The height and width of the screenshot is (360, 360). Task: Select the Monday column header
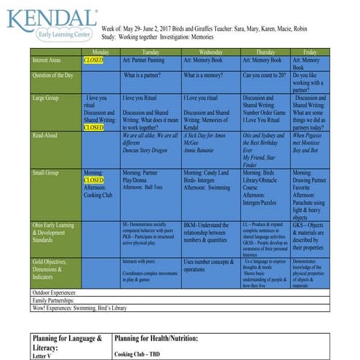(100, 52)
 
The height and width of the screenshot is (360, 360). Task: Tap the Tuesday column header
(151, 52)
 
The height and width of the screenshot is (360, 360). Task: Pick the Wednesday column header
(210, 52)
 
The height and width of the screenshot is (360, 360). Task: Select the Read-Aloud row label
(46, 135)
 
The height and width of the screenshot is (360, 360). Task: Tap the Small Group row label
(47, 173)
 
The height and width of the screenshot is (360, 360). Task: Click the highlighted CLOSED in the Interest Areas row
(94, 60)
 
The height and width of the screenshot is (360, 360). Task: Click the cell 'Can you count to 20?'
(265, 76)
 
